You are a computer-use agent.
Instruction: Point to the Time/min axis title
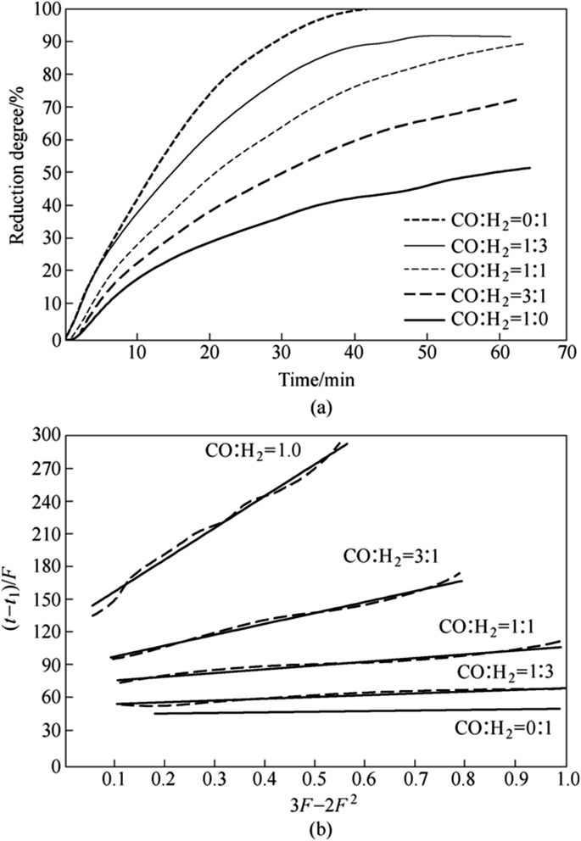(x=319, y=381)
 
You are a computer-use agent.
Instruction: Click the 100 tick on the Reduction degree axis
(x=42, y=9)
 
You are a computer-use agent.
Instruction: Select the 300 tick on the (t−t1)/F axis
(x=42, y=436)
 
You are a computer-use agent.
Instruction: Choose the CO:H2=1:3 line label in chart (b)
(x=506, y=671)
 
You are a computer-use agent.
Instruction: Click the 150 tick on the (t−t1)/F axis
(x=42, y=599)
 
